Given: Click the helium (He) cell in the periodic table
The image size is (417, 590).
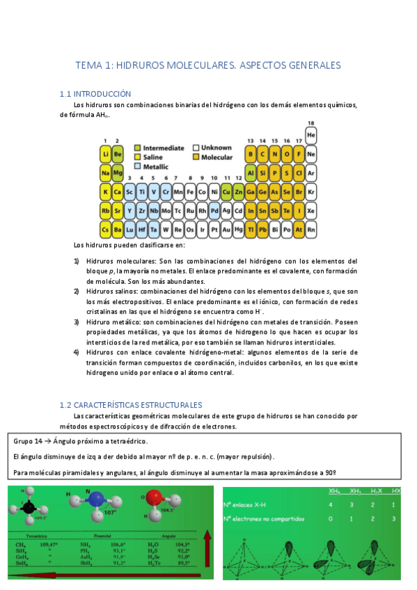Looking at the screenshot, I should click(310, 134).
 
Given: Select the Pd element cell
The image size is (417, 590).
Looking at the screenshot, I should click(215, 209).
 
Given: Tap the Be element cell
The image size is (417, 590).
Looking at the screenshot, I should click(118, 154).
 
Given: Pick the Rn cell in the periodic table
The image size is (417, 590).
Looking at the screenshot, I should click(310, 228).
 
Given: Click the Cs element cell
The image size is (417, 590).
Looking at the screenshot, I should click(106, 228).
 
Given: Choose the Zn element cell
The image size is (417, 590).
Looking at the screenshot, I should click(239, 191).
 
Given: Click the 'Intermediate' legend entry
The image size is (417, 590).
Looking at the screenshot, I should click(159, 147).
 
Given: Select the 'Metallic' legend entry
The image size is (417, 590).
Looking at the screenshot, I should click(153, 167).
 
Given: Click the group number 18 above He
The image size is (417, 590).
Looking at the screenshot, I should click(310, 123).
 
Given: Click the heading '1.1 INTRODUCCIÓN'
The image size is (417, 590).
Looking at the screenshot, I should click(95, 93).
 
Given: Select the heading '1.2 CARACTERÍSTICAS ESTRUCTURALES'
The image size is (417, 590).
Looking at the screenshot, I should click(131, 404).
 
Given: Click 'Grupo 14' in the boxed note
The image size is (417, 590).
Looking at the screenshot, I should click(28, 441).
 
